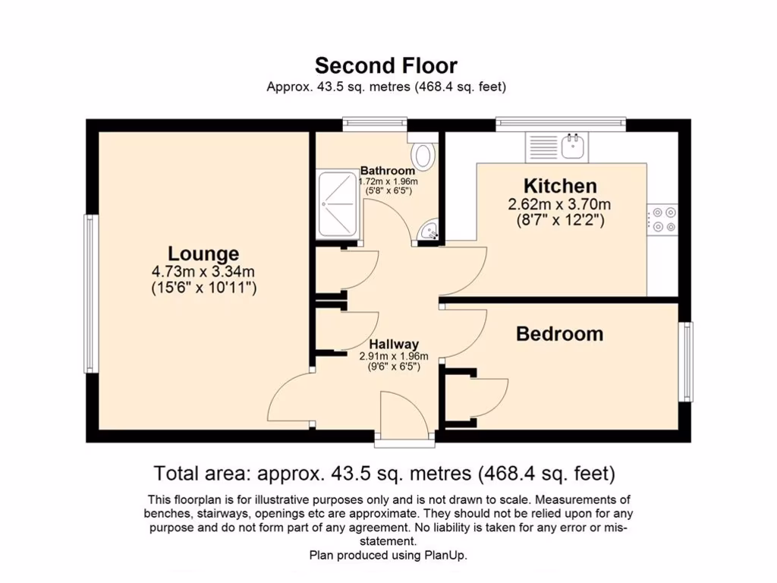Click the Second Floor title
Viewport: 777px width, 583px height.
coord(386,65)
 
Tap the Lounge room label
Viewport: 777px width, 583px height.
coord(203,254)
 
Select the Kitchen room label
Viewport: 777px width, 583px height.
coord(560,186)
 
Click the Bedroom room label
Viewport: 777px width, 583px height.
coord(559,334)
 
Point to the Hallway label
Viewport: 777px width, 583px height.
coord(394,345)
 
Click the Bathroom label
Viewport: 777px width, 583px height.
coord(388,171)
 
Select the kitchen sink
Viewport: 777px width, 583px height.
coord(571,146)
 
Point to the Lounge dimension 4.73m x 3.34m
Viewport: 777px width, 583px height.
coord(203,271)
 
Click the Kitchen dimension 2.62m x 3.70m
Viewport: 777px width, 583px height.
coord(559,204)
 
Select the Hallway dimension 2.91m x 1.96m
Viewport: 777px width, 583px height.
coord(394,356)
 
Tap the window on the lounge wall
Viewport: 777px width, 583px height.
coord(90,293)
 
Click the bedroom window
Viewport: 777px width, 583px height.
coord(685,361)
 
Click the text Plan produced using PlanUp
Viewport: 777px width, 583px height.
coord(388,555)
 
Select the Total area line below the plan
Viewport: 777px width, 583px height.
coord(385,474)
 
